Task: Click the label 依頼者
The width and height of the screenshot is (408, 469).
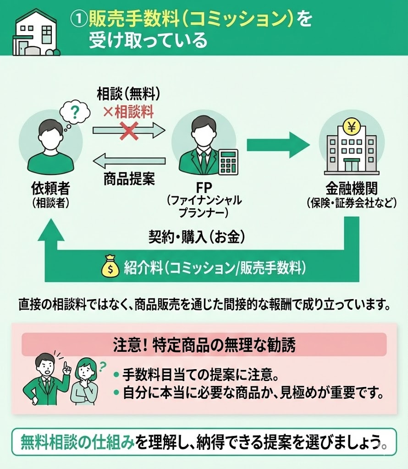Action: tap(50, 189)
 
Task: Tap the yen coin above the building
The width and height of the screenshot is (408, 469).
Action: tap(351, 127)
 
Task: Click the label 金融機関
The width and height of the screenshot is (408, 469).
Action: tap(351, 188)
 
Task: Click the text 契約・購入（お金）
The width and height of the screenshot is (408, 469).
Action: tap(196, 236)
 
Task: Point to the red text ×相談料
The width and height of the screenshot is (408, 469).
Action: tap(128, 111)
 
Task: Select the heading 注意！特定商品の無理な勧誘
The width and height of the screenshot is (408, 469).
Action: tap(204, 345)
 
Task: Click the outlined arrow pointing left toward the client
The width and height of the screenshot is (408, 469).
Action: tap(129, 161)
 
